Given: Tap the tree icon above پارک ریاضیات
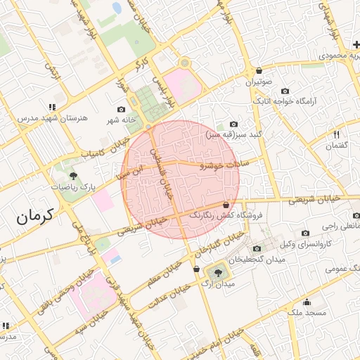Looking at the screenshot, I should point(72,175).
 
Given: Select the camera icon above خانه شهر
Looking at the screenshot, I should point(122,110).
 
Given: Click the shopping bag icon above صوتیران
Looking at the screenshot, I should point(259,70).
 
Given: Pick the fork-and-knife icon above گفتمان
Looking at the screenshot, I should point(337,134).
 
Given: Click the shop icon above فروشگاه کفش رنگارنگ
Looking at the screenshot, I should point(225,205).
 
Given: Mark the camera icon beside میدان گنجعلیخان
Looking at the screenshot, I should point(256,249).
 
